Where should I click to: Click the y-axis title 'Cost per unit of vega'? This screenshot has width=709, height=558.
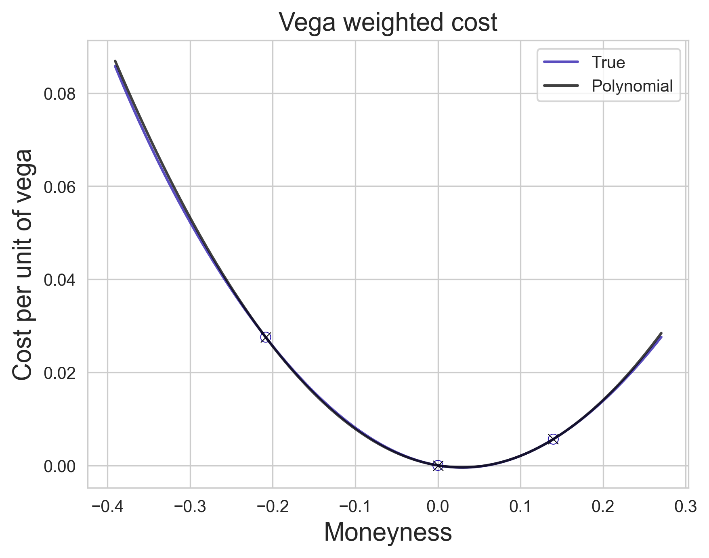(23, 264)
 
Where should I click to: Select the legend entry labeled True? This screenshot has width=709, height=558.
(608, 63)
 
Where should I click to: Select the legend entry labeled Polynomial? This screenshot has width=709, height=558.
(632, 86)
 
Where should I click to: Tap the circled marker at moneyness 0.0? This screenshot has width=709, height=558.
(438, 465)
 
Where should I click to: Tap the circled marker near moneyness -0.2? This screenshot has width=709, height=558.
(265, 337)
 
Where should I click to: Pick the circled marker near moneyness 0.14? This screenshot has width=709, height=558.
(553, 439)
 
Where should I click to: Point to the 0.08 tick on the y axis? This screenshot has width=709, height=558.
(60, 94)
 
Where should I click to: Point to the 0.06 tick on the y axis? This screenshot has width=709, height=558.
(60, 187)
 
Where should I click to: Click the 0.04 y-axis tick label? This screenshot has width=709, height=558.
(60, 280)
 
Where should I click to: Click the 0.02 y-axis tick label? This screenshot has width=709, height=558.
(60, 373)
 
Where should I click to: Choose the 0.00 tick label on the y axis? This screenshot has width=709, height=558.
(60, 466)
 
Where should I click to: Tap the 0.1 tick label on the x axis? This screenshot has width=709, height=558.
(520, 507)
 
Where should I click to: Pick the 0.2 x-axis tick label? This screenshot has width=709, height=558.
(603, 507)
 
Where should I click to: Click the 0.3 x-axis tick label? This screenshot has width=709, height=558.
(686, 507)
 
